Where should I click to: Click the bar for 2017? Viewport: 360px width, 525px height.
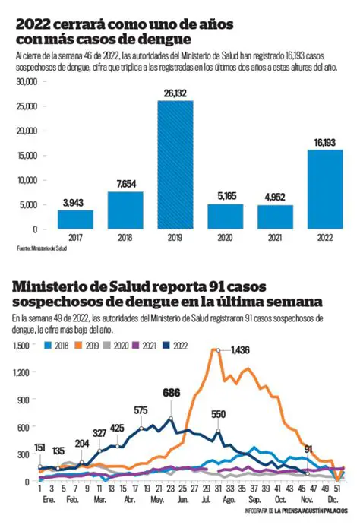click(x=75, y=219)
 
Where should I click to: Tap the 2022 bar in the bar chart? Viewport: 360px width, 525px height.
click(x=324, y=188)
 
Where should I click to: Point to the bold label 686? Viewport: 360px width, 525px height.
click(x=172, y=393)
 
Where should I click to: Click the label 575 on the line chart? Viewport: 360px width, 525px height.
click(x=141, y=410)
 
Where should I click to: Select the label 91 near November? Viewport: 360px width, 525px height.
click(x=307, y=449)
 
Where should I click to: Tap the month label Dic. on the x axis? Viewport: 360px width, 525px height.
click(x=333, y=501)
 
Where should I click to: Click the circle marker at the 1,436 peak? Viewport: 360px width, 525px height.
click(x=218, y=350)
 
